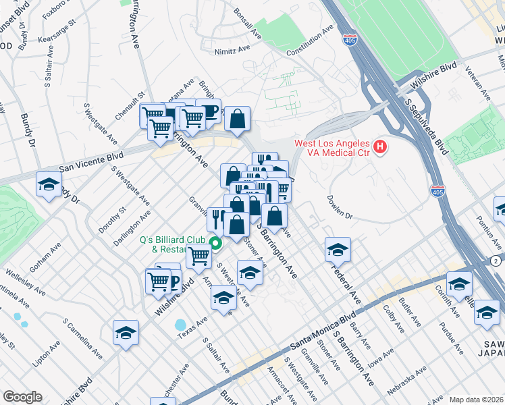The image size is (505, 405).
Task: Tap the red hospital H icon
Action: coord(381,146)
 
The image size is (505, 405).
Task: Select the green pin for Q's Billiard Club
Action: coord(216,244)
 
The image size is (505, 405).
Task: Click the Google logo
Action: coord(22,396)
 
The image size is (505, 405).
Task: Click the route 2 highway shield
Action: coord(496,261)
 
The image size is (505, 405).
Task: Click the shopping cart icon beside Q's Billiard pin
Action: coord(198,256)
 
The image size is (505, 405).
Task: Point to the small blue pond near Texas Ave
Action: coord(181,325)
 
